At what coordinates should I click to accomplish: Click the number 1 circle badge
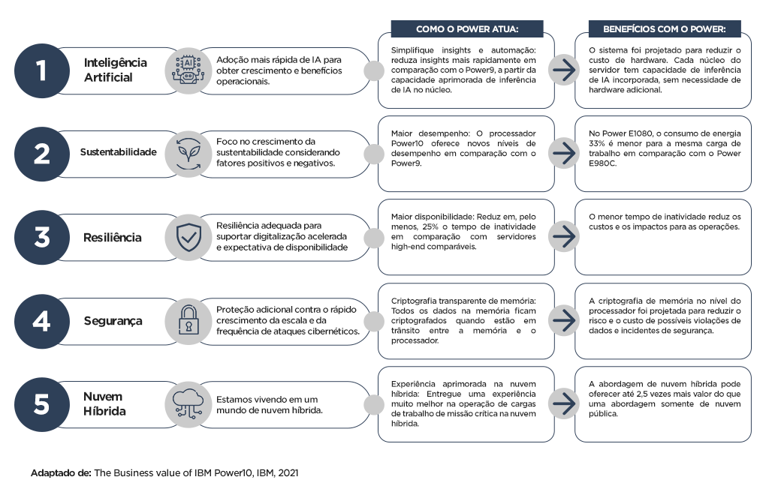point(41,70)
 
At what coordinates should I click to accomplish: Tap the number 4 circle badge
point(41,320)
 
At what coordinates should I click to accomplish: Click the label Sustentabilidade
point(118,152)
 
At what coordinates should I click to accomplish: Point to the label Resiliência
point(113,237)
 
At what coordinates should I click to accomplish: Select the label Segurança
point(113,320)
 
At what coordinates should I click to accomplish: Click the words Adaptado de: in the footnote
point(60,473)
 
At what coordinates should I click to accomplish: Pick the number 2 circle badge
point(41,153)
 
